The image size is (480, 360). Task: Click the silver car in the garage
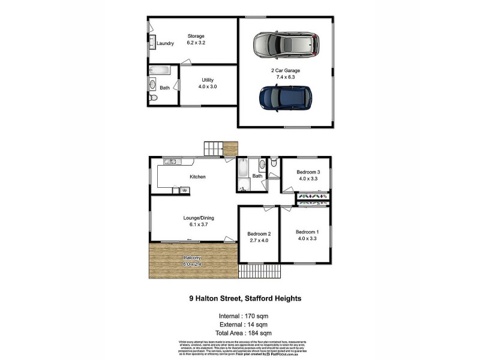(x=284, y=44)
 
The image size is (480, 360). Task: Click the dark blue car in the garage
(x=286, y=97)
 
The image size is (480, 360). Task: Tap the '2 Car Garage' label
(x=285, y=70)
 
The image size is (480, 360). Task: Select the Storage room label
(x=196, y=36)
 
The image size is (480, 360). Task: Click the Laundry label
(x=165, y=44)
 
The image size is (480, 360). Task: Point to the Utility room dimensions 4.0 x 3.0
(x=208, y=87)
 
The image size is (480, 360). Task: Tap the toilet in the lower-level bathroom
(x=152, y=98)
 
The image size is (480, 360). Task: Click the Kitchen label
(x=198, y=177)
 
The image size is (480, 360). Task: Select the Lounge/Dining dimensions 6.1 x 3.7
(x=199, y=225)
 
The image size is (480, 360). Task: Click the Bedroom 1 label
(x=307, y=232)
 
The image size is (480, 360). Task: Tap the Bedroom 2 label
(x=259, y=234)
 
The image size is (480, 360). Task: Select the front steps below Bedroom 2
(x=259, y=271)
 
